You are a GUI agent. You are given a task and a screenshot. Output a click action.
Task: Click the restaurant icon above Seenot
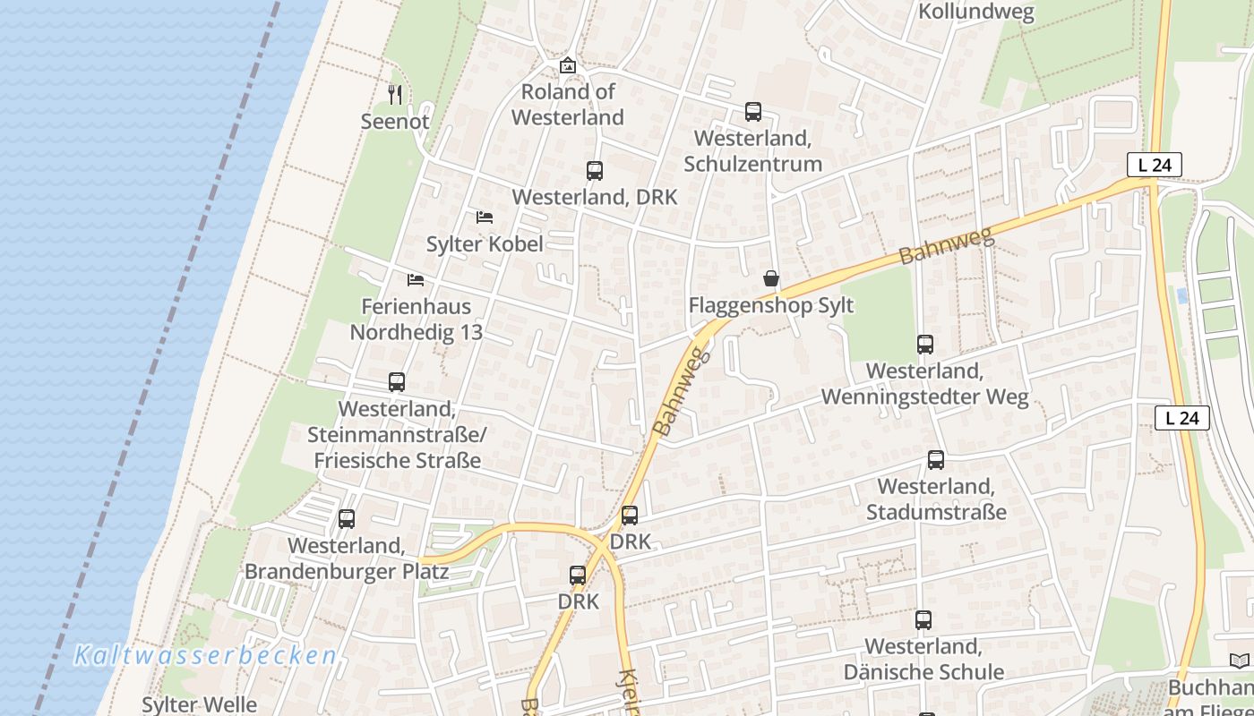point(395,93)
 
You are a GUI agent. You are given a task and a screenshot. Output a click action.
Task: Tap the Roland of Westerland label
point(568,104)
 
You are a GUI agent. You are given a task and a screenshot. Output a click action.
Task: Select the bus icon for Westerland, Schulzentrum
point(753,112)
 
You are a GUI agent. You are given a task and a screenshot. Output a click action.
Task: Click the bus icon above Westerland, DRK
point(594,171)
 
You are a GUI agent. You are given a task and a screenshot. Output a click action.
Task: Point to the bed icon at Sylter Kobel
point(485,217)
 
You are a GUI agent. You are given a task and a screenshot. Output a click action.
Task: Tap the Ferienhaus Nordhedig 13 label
point(416,319)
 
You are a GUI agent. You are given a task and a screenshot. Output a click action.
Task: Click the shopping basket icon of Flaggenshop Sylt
point(771,279)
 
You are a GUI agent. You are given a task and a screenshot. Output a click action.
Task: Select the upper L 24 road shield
point(1155,165)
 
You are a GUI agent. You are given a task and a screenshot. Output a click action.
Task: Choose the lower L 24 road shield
point(1181,417)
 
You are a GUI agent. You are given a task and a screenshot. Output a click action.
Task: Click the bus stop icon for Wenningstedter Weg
point(925,344)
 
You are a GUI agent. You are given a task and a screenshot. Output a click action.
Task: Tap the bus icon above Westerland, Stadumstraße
point(936,460)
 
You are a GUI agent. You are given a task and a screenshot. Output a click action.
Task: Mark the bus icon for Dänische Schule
point(923,619)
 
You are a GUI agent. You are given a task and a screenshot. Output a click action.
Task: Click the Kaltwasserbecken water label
point(205,655)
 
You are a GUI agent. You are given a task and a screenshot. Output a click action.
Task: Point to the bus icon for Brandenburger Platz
point(347,518)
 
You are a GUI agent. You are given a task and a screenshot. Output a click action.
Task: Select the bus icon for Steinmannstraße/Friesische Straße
point(397,382)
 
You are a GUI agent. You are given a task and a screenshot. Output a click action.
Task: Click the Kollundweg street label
point(976,13)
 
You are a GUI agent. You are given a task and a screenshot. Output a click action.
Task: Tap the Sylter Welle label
point(199,704)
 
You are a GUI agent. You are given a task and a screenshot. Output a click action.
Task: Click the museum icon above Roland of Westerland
point(567,65)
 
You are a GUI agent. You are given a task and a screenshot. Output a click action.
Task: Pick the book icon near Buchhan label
point(1239,661)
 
